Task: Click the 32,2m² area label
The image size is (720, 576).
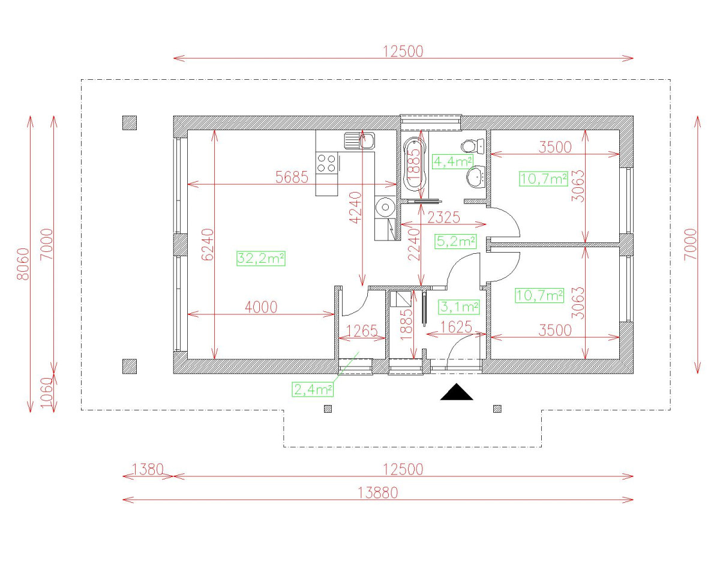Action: click(260, 259)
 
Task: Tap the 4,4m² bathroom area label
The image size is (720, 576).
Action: click(452, 161)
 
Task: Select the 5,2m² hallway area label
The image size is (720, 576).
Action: click(455, 241)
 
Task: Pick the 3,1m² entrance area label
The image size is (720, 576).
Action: click(459, 307)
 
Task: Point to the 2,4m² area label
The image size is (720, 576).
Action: click(313, 389)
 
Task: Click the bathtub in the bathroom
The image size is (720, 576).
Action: click(415, 167)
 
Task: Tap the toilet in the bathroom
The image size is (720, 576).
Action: click(472, 146)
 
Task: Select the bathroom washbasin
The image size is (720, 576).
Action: click(476, 176)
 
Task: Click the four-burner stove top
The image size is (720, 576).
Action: click(326, 163)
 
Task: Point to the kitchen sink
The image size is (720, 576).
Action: click(359, 140)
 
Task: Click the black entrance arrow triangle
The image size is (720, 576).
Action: click(457, 392)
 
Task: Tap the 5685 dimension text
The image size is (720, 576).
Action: click(292, 177)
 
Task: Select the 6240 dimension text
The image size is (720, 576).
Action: click(208, 244)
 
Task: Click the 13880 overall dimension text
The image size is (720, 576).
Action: click(378, 493)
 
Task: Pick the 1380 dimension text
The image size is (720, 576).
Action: click(148, 469)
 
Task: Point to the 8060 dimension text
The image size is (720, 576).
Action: click(23, 264)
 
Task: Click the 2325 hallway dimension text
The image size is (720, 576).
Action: click(443, 218)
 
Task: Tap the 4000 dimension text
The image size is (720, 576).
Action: click(261, 307)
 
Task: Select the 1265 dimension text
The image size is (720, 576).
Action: click(362, 331)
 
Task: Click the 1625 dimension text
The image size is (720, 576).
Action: click(457, 327)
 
